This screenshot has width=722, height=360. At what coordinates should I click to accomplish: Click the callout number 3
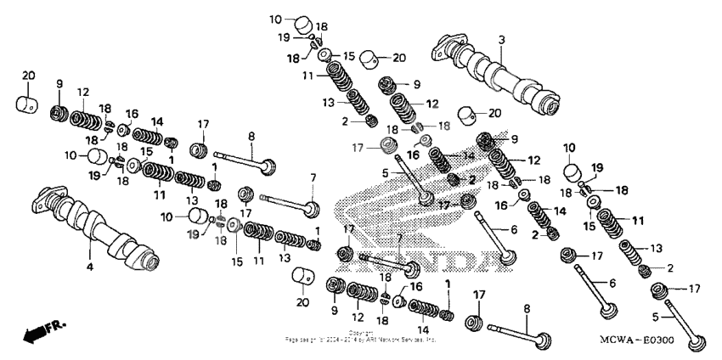coord(501,40)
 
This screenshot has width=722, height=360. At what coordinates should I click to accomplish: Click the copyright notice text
coord(361,337)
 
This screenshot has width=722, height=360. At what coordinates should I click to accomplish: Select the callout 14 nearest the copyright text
coord(421,330)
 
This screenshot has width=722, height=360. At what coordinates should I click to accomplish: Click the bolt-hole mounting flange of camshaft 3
coord(449,45)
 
